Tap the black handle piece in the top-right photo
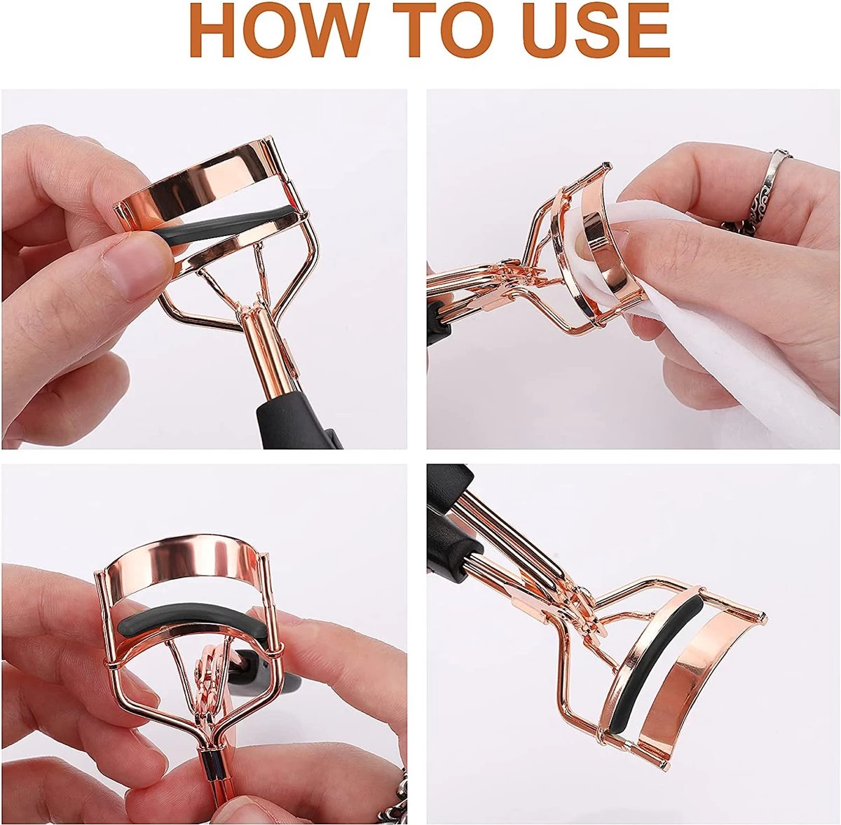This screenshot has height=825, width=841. click(438, 322)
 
